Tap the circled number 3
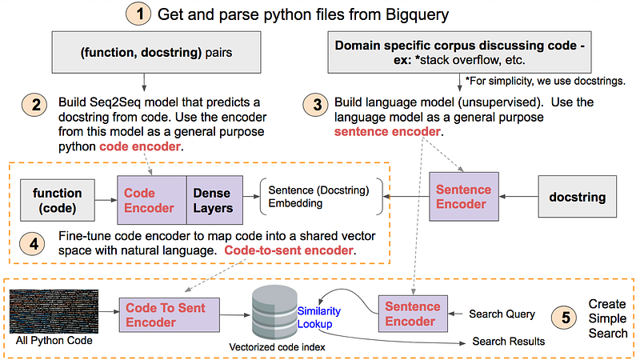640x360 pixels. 315,105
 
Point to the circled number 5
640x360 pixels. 566,317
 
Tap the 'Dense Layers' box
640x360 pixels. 212,200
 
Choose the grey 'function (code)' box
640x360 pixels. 57,200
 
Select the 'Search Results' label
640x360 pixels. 508,342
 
